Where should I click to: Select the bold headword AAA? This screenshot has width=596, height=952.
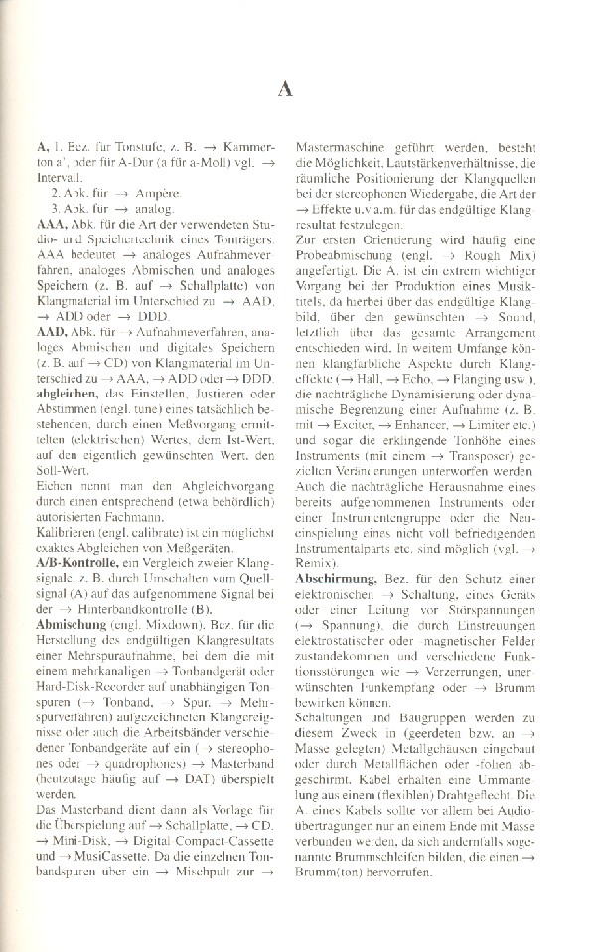tap(48, 225)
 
